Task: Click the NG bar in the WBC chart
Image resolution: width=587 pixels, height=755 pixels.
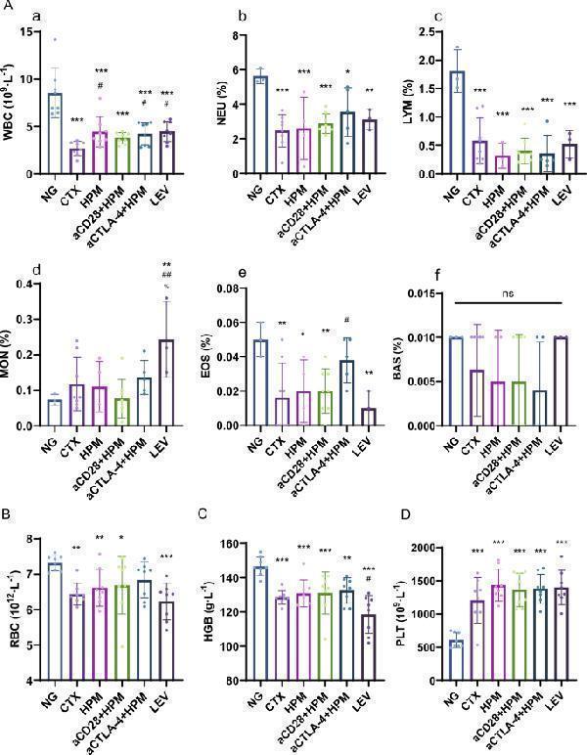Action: [55, 133]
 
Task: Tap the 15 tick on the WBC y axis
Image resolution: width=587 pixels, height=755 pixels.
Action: [30, 32]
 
